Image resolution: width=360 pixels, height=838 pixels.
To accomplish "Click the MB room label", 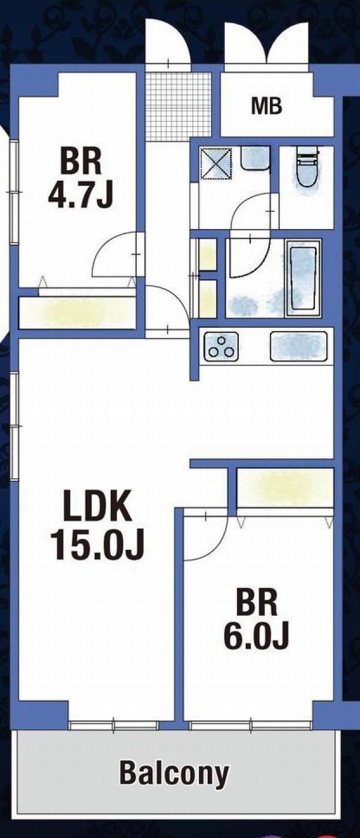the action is (x=266, y=106).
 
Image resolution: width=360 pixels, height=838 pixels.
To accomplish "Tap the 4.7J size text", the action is (x=80, y=196).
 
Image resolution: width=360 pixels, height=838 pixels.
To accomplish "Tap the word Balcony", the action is (x=174, y=772).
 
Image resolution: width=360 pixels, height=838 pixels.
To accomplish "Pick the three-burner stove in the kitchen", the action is (x=221, y=346).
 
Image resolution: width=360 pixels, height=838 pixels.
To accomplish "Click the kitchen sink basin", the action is (x=299, y=346).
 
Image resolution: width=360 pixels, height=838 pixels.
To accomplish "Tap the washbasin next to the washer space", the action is (x=255, y=157).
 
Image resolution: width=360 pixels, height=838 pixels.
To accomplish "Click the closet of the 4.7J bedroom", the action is (x=77, y=313).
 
